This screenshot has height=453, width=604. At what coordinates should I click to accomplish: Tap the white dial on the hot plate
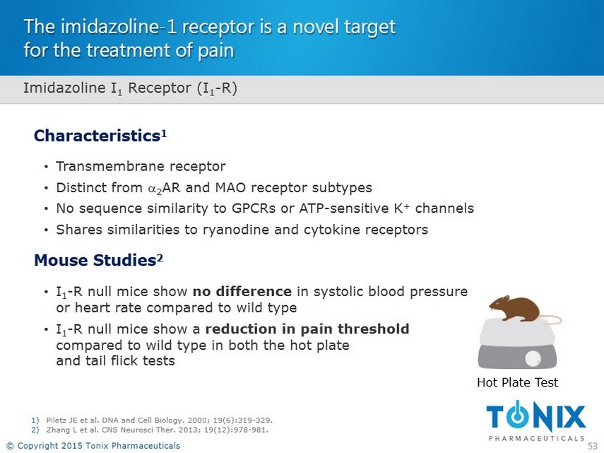533,358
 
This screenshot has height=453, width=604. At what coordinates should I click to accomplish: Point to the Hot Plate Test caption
517,382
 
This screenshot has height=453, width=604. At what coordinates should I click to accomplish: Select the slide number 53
592,446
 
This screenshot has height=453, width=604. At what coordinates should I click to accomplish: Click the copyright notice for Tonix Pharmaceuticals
94,446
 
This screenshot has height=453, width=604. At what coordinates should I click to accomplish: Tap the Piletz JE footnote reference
159,420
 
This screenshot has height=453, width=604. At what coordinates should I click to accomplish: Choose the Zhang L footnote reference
157,430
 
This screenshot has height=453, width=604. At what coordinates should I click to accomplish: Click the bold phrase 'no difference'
242,291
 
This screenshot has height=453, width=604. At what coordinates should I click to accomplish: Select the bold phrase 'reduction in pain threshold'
307,329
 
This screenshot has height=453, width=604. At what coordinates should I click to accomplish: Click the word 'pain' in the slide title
216,51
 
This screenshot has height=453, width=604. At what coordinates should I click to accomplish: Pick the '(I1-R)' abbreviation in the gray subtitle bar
217,88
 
